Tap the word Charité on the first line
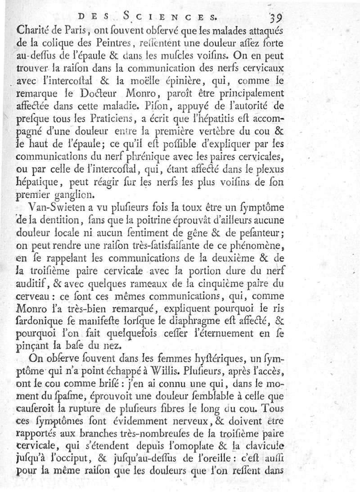click(31, 32)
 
